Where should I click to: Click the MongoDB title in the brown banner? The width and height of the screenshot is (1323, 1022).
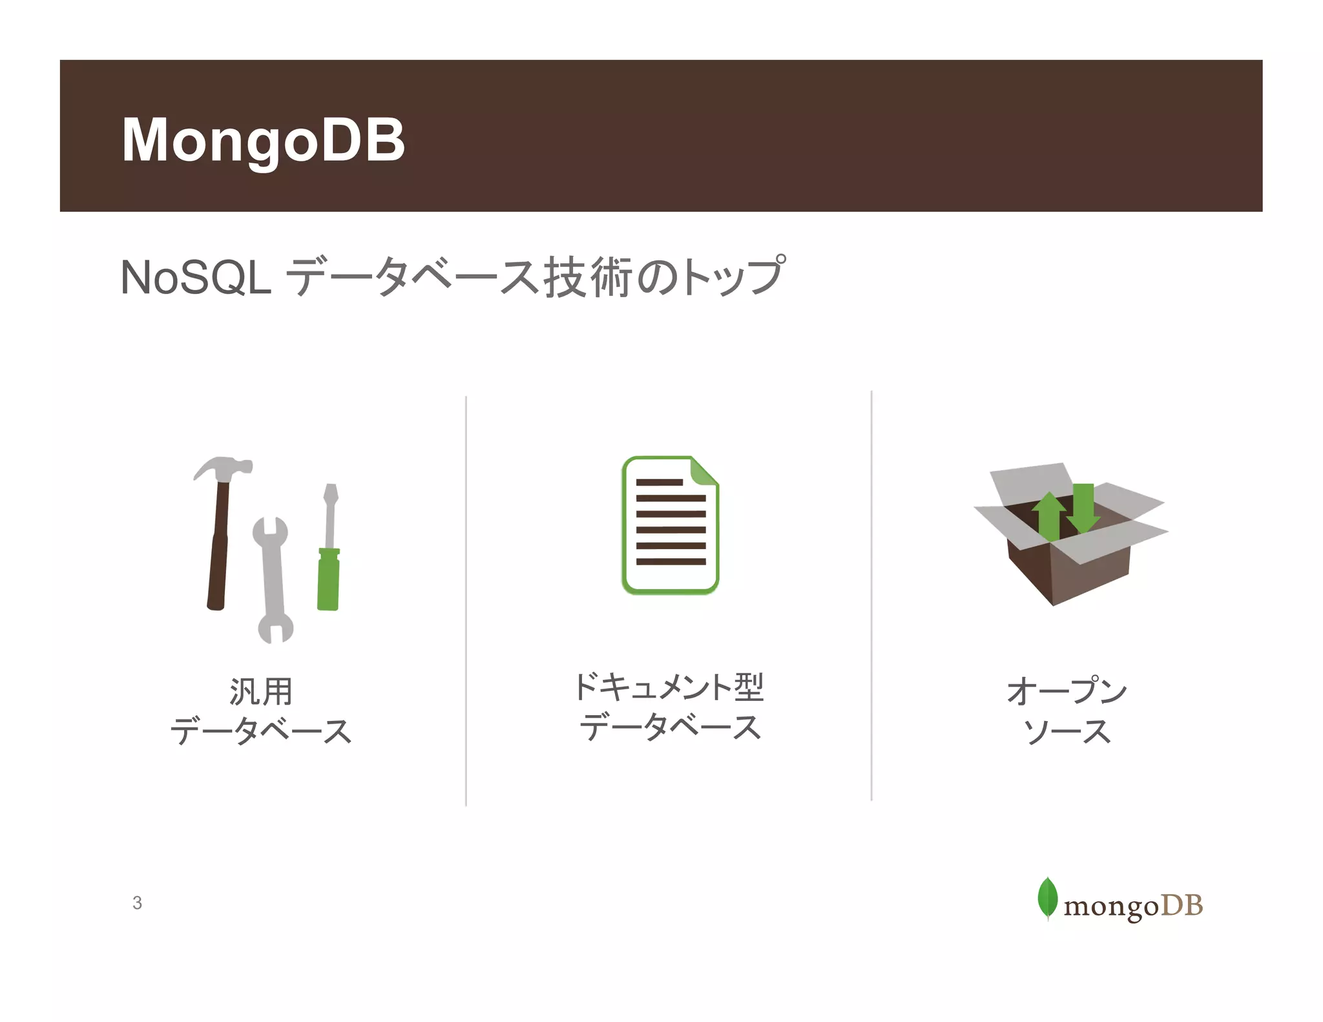click(x=263, y=140)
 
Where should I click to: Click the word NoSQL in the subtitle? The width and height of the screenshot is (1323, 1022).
click(x=196, y=278)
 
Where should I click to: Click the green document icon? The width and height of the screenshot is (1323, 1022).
click(x=670, y=525)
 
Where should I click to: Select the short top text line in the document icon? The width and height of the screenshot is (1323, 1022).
click(x=659, y=482)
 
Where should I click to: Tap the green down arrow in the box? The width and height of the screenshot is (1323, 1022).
click(x=1083, y=507)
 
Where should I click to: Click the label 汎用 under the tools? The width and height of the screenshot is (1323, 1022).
click(x=261, y=692)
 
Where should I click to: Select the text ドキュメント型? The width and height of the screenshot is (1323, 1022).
click(x=669, y=687)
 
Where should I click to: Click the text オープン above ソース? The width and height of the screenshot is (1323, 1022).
click(x=1067, y=691)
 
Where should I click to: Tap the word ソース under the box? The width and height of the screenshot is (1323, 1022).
click(x=1067, y=732)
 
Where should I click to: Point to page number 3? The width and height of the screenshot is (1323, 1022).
click(x=137, y=903)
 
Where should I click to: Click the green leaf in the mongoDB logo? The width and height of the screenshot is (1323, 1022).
click(x=1047, y=897)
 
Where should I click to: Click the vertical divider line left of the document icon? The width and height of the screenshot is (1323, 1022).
click(x=466, y=601)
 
